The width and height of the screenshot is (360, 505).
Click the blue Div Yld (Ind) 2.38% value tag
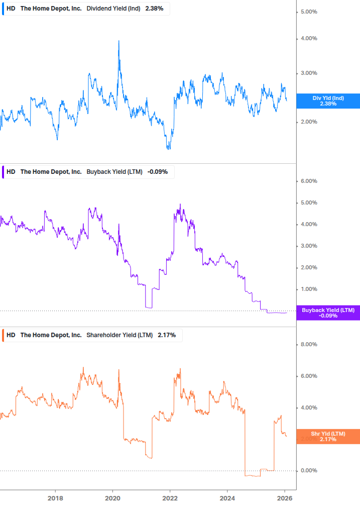tap(328, 101)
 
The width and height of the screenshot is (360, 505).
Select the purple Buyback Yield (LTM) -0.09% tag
tap(328, 313)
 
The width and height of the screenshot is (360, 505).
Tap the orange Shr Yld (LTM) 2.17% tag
tap(328, 436)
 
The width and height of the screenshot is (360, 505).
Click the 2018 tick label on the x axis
tap(55, 498)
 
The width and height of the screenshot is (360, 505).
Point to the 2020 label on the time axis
tap(112, 498)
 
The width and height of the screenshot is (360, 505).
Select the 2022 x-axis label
tap(170, 498)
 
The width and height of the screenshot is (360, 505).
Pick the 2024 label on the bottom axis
tap(227, 498)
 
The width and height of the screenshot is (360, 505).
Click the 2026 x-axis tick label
tap(285, 498)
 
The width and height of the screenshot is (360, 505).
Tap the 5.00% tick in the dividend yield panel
tap(309, 12)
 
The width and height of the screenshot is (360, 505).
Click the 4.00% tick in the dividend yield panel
tap(309, 39)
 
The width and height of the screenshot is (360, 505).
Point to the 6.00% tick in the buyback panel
tap(309, 181)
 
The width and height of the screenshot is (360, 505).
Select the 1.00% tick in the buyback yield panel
tap(309, 289)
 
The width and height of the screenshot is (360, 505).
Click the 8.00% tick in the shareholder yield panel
tap(309, 345)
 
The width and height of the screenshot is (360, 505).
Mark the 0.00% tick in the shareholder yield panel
tap(309, 471)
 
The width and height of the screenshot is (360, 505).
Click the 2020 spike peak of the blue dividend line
tap(119, 41)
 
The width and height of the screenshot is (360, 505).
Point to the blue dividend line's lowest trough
tap(169, 149)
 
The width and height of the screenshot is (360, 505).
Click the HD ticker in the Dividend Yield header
tap(11, 9)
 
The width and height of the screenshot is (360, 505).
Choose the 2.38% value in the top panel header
tap(154, 9)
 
